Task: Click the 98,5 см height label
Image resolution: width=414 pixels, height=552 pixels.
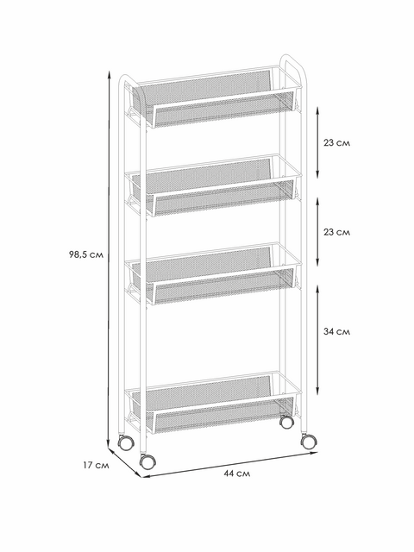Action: pos(86,254)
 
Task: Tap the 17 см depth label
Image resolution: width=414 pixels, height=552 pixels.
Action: pos(96,465)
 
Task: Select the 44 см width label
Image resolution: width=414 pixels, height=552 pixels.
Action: pos(237,474)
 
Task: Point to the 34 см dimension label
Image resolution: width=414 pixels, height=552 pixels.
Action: pos(337,331)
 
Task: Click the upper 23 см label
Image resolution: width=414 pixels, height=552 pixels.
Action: pos(337,143)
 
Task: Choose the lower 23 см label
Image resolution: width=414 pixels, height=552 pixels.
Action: pos(337,232)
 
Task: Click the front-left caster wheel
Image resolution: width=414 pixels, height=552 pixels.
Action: pos(147,461)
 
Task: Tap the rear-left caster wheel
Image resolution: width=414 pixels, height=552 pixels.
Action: pos(126,442)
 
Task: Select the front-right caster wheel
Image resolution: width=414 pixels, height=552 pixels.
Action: pos(309,441)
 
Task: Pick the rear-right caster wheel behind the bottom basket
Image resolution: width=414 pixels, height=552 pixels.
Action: pos(286,422)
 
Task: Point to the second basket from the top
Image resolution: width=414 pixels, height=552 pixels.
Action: pos(213,185)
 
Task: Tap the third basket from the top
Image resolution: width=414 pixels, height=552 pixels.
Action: pos(213,273)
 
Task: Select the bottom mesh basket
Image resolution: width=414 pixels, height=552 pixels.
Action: pos(213,403)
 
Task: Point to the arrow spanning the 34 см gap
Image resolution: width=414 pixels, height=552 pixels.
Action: pos(317,340)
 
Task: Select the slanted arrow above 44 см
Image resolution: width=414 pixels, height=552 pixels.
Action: pos(229,464)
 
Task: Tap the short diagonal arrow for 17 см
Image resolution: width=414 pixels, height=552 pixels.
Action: pos(125,462)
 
